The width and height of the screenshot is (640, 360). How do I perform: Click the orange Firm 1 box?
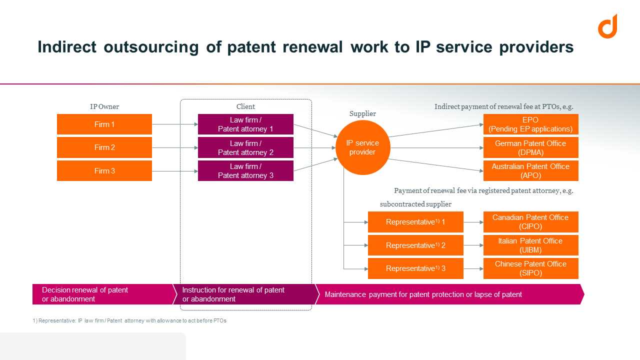pos(104,124)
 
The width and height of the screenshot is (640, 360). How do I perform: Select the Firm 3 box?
pos(104,171)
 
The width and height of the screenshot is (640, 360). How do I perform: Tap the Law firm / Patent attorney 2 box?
pos(245,148)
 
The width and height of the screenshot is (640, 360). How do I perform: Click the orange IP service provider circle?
pos(362,147)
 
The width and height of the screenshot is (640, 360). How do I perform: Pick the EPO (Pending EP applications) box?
pos(530,124)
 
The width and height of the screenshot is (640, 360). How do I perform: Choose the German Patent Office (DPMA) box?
pos(530,148)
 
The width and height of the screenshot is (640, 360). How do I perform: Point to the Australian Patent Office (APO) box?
pos(530,171)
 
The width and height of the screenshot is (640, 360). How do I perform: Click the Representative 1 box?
pos(415,222)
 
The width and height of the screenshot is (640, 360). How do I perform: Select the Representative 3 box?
pos(415,268)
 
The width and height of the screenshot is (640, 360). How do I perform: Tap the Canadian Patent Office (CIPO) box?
pos(530,222)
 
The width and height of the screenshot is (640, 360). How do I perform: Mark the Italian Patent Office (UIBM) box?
pos(530,245)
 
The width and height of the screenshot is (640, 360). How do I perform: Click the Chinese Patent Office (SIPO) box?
pos(530,268)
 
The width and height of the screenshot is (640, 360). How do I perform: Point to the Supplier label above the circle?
pos(362,114)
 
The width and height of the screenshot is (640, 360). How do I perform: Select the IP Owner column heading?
pos(104,106)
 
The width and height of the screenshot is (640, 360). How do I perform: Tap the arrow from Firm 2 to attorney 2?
pos(174,148)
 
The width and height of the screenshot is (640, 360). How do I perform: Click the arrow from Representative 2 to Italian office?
pos(473,245)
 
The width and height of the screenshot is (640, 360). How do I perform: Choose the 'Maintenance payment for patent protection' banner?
pos(450,294)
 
